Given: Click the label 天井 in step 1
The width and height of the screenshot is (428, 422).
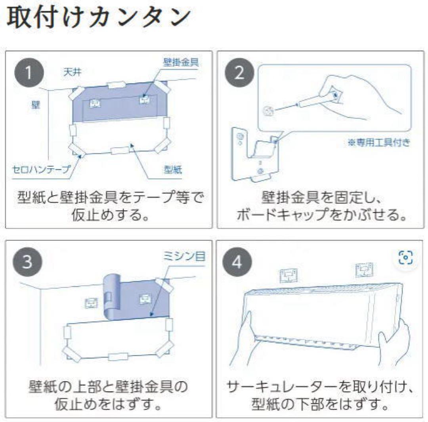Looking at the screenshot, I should pyautogui.click(x=72, y=72).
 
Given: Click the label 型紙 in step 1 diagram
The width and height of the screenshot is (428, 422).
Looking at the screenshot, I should pyautogui.click(x=173, y=170).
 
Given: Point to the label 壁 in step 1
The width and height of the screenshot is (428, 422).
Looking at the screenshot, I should pyautogui.click(x=36, y=106).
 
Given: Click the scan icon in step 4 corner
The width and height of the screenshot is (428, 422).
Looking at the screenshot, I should pyautogui.click(x=406, y=258).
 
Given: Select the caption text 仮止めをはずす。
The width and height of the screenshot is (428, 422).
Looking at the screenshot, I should pyautogui.click(x=108, y=405).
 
